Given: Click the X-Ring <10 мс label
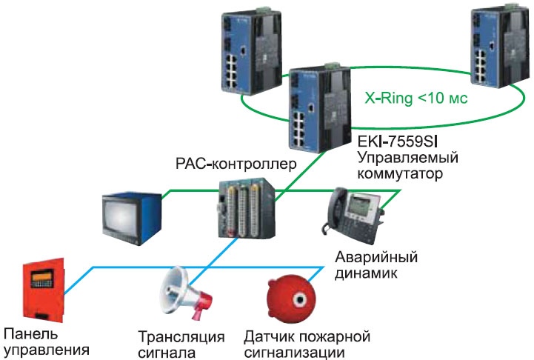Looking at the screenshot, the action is pyautogui.click(x=416, y=98).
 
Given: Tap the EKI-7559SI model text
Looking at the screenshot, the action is pyautogui.click(x=398, y=141).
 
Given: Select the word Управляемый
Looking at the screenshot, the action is pyautogui.click(x=407, y=159).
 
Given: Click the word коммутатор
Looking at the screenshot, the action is pyautogui.click(x=400, y=173).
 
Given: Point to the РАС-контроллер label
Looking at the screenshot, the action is pyautogui.click(x=236, y=164).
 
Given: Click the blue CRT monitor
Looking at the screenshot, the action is pyautogui.click(x=132, y=219).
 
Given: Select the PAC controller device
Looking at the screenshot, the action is pyautogui.click(x=247, y=207).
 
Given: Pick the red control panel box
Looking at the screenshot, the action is pyautogui.click(x=43, y=290).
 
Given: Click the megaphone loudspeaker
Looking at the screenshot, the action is pyautogui.click(x=186, y=293).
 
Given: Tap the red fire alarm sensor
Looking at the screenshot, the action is pyautogui.click(x=292, y=299).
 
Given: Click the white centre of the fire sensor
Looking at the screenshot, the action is pyautogui.click(x=300, y=300).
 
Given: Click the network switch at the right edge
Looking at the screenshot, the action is pyautogui.click(x=501, y=45).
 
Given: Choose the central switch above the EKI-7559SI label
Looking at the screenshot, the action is pyautogui.click(x=319, y=107).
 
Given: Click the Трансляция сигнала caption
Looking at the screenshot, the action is pyautogui.click(x=181, y=344).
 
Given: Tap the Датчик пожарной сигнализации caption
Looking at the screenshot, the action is pyautogui.click(x=307, y=344).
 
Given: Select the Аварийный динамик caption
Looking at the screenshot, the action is pyautogui.click(x=376, y=265).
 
